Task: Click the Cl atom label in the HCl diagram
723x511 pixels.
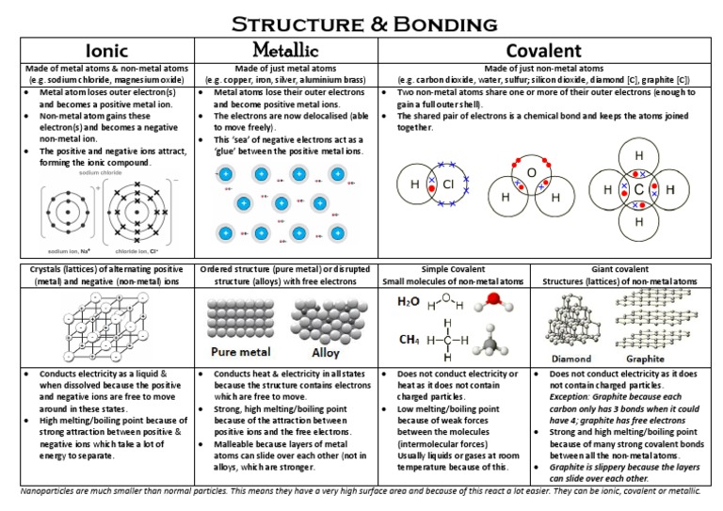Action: (x=448, y=184)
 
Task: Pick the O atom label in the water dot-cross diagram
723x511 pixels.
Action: (x=530, y=173)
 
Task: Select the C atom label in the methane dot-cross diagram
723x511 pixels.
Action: (x=639, y=189)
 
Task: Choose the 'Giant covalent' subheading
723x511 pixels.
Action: (x=625, y=269)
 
